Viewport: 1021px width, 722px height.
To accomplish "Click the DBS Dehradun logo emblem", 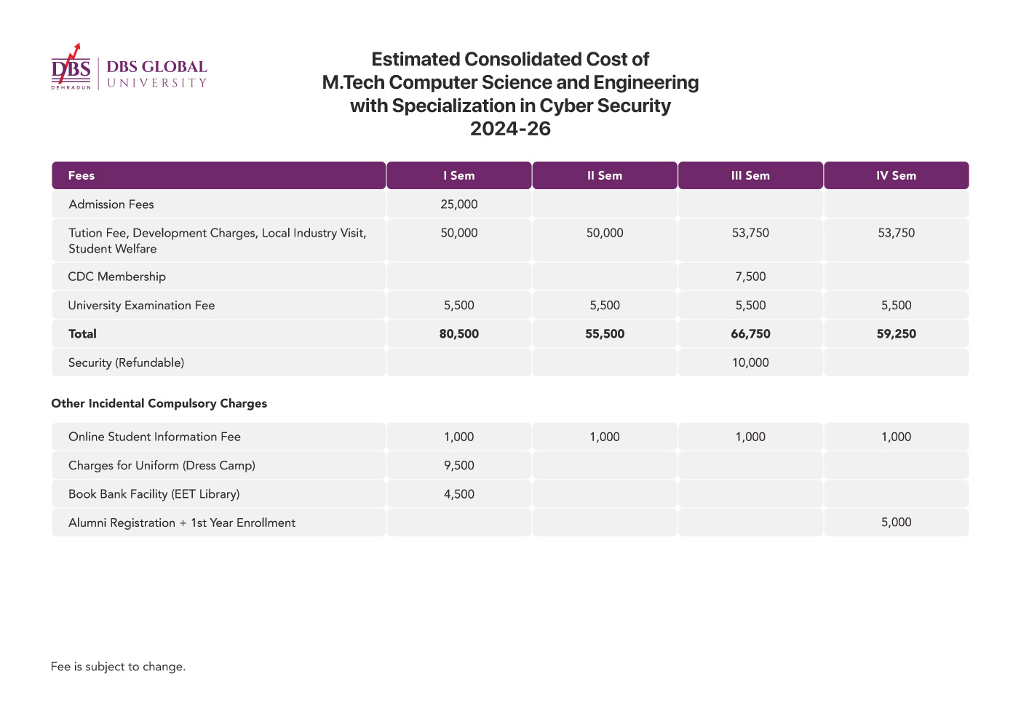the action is tap(71, 67).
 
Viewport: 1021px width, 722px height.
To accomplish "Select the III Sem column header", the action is tap(750, 175).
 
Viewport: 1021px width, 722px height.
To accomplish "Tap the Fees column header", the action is tap(81, 175).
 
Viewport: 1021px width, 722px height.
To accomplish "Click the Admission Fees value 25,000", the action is tap(458, 205).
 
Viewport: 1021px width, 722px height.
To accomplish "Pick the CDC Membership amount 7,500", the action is tap(750, 277).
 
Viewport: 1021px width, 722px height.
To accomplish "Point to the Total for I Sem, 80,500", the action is tap(458, 333).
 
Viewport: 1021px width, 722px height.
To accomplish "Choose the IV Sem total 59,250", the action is tap(896, 333).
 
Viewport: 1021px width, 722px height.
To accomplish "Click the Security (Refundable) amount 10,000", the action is tap(750, 362).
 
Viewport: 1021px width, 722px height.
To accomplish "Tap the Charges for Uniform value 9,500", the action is tap(458, 465).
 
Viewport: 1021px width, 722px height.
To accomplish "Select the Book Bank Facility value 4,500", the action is tap(458, 494).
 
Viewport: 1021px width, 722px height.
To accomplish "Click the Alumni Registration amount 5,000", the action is tap(896, 523).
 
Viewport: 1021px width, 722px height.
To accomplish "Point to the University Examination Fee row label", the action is tap(141, 306).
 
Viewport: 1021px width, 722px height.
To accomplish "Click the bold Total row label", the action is tap(82, 333).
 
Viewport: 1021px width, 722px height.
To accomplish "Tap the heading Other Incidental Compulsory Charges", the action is tap(159, 403).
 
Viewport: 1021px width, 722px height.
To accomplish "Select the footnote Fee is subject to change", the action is tap(118, 667).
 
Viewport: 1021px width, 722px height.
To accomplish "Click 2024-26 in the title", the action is tap(510, 129).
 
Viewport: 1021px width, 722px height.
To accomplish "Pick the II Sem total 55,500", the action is tap(605, 333).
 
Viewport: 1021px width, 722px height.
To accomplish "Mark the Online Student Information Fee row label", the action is tap(154, 437).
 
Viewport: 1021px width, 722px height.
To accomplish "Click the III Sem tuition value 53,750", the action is tap(750, 233).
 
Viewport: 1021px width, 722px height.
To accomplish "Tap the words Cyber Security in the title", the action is tap(605, 106).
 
